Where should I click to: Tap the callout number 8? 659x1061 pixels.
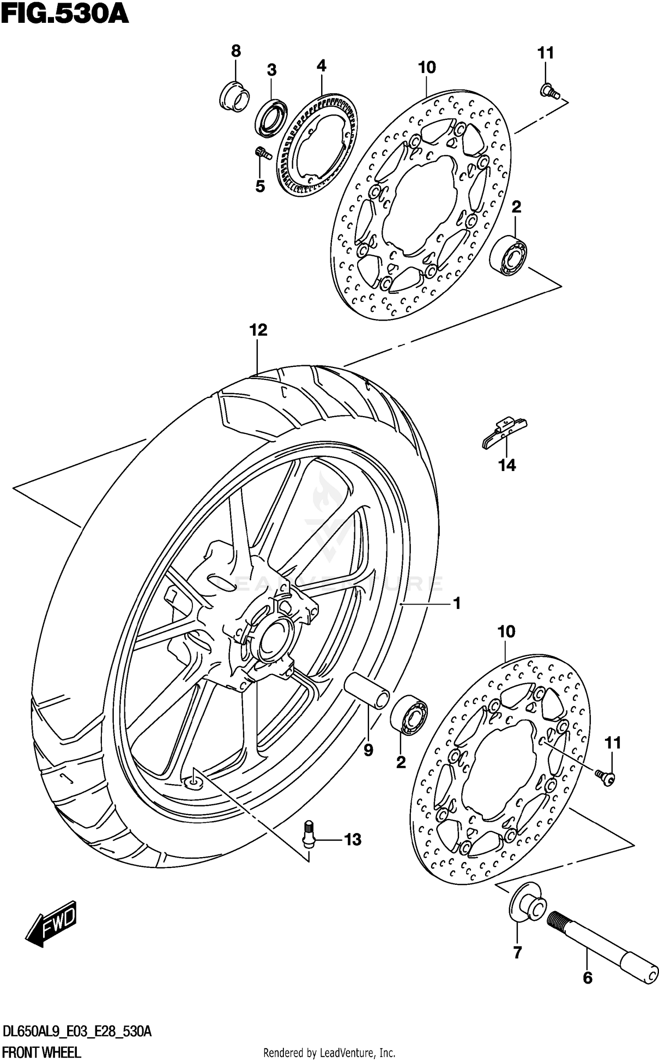[236, 51]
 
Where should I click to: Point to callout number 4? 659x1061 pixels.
[321, 66]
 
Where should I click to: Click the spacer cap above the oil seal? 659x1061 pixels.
[234, 96]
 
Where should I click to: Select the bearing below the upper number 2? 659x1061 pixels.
[509, 256]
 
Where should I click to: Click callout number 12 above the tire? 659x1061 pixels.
[258, 330]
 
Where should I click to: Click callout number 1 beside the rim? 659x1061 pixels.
[457, 604]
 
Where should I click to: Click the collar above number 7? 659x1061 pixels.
[527, 906]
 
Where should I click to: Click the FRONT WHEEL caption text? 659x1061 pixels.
[42, 1049]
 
